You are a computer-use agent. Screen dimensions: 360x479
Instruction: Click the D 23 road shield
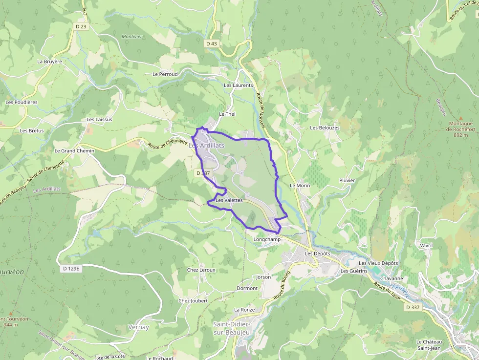point(81,26)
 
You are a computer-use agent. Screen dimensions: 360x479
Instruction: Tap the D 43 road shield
point(211,43)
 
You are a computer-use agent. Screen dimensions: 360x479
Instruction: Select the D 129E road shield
point(71,269)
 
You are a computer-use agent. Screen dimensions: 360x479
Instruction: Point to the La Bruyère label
point(50,62)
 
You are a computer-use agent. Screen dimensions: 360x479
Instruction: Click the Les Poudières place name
point(22,102)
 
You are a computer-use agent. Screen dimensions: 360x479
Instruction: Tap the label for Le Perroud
point(165,74)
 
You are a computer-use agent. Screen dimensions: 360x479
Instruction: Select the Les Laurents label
point(238,85)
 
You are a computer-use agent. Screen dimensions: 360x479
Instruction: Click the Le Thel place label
point(227,114)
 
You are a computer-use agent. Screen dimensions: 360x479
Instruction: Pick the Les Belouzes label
point(325,127)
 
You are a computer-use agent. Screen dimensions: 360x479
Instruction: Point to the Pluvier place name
point(347,180)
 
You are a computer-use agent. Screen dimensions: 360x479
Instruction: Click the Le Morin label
point(300,186)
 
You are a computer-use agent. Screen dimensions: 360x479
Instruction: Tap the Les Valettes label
point(229,200)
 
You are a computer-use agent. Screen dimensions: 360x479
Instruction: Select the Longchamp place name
point(267,239)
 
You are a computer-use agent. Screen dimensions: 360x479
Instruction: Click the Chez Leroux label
point(201,270)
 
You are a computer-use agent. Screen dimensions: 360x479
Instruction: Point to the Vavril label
point(427,245)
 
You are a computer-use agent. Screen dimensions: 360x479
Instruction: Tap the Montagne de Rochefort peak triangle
point(460,117)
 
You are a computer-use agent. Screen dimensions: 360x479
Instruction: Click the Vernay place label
point(138,327)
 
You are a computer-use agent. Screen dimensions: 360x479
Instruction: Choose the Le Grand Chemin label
point(74,151)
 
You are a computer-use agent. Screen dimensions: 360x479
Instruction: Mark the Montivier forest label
point(131,37)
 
